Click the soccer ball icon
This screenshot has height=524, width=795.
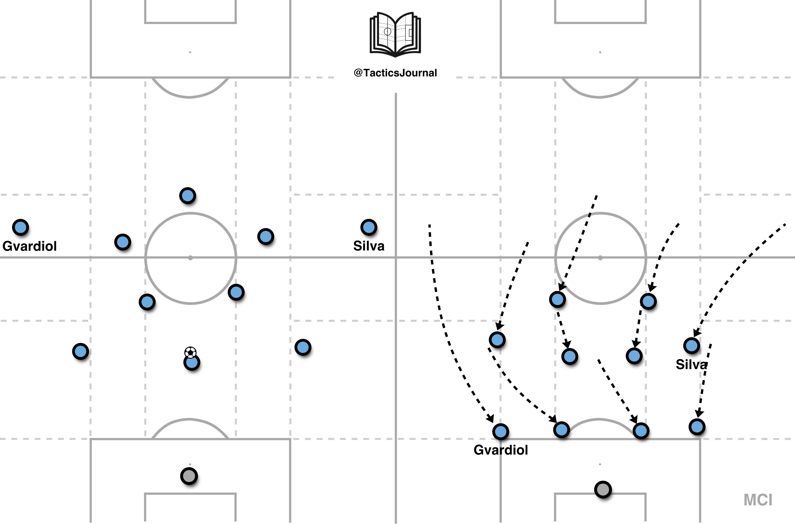click(190, 352)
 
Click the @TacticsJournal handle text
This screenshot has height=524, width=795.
click(395, 73)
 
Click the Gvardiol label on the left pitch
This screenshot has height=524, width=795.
click(30, 246)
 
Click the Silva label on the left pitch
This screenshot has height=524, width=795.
click(369, 246)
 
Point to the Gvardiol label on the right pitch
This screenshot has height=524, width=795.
click(501, 450)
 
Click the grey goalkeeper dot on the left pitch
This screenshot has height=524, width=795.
click(189, 476)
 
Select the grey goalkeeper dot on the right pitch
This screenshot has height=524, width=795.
click(603, 490)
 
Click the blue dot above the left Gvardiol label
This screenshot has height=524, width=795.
click(20, 228)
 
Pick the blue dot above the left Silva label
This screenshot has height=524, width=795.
click(369, 228)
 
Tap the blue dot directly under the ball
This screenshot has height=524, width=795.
click(192, 363)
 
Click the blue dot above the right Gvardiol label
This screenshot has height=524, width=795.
click(500, 431)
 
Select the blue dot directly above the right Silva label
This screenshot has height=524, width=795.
click(692, 345)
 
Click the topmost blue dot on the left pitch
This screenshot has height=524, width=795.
click(188, 195)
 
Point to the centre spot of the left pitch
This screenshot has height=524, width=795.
click(190, 258)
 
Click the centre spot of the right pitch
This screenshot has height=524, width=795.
click(600, 258)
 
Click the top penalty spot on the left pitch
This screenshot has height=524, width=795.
click(190, 52)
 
